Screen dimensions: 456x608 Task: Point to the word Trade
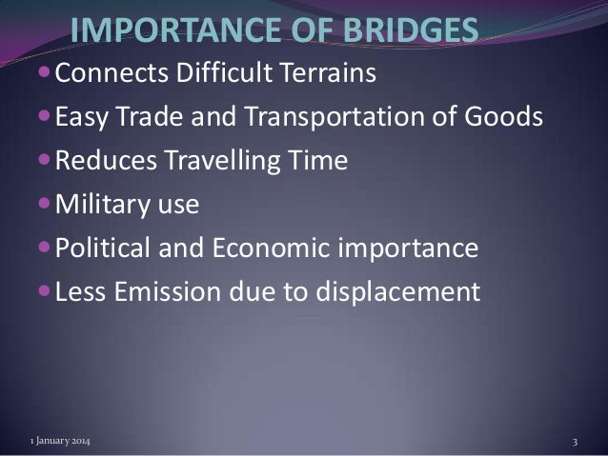pos(157,118)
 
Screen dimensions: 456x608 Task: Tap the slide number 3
pos(576,443)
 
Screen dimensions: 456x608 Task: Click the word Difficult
pos(224,73)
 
